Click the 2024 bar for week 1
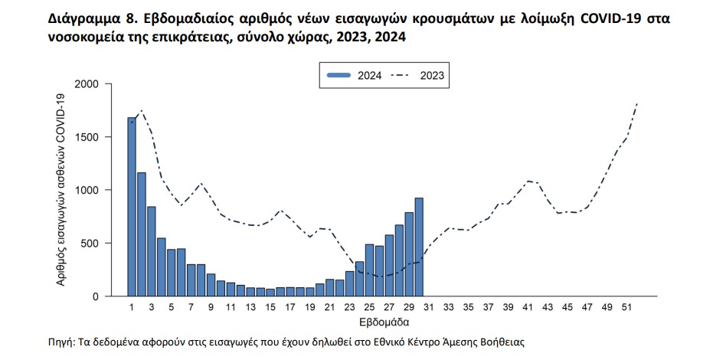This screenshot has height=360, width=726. coord(132,207)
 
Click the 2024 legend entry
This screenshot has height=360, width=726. coord(352,75)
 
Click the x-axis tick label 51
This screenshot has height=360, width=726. coord(627,308)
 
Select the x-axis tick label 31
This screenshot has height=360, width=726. coord(429,308)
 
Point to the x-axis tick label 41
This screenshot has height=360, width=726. coord(528,308)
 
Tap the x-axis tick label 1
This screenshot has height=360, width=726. coord(132,308)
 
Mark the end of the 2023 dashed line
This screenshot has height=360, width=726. coord(637,103)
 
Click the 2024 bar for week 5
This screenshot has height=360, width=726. coord(172,273)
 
